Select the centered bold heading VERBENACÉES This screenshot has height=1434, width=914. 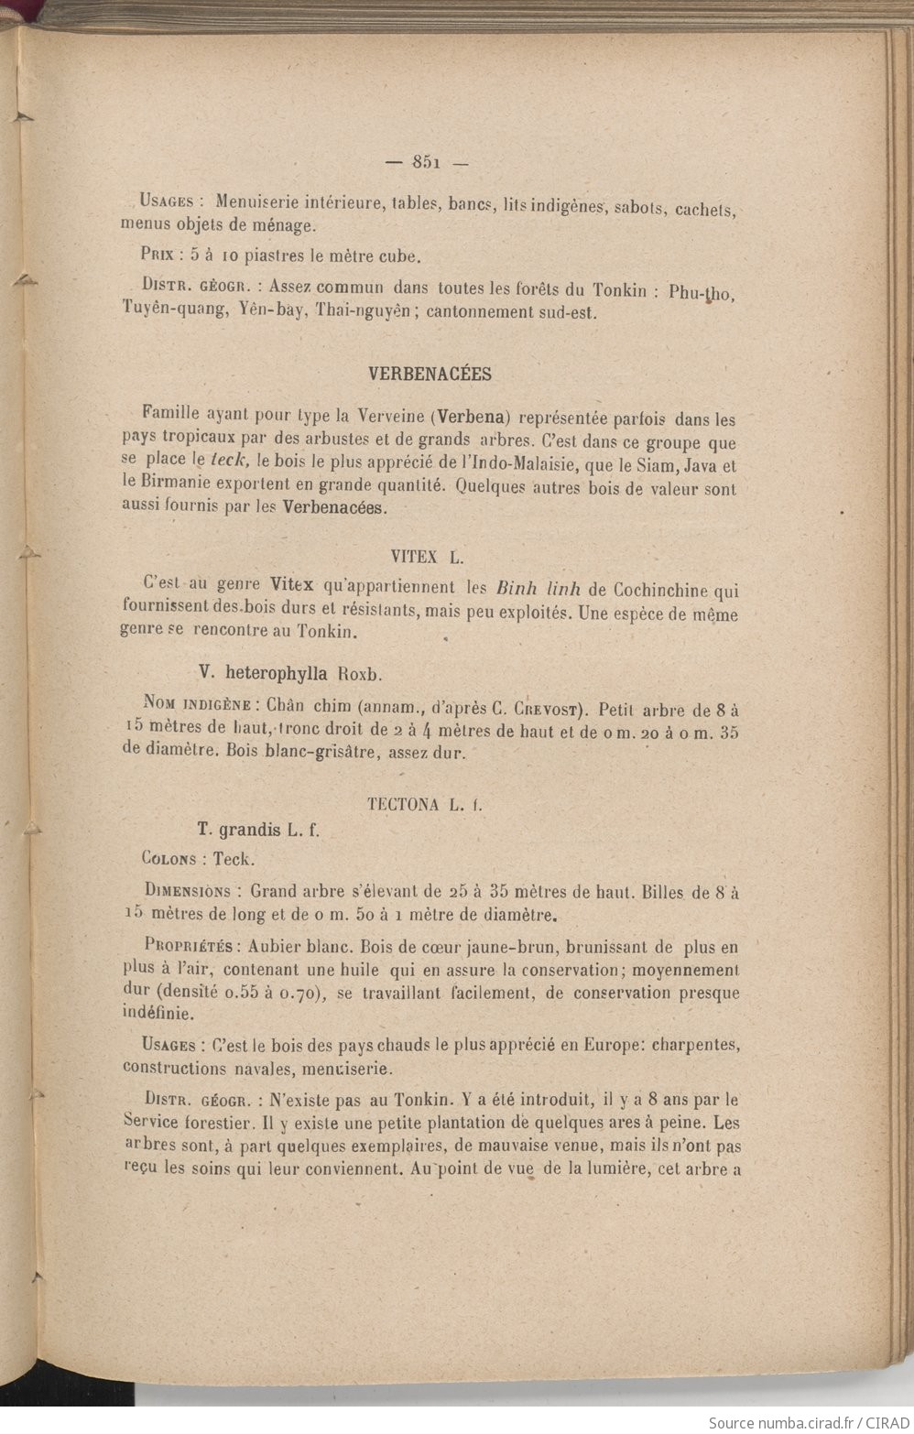(429, 374)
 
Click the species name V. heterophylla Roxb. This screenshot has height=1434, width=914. (289, 672)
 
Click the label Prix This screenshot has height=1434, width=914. (159, 257)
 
